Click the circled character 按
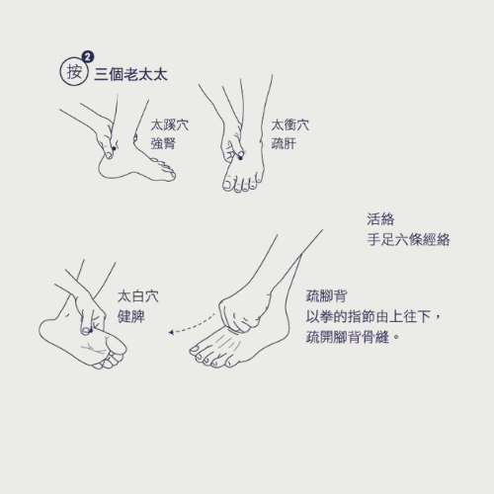pos(74,72)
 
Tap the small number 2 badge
pos(88,57)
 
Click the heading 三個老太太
pos(130,74)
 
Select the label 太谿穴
pos(170,125)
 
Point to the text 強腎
pos(163,143)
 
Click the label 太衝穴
pos(290,125)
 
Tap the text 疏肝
pos(284,143)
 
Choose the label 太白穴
pos(138,296)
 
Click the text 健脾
pos(131,317)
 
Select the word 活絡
pos(380,219)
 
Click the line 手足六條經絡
pos(408,239)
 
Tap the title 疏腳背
pos(326,296)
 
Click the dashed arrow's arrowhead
pos(171,332)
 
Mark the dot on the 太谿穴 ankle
pos(114,148)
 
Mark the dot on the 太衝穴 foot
pos(240,158)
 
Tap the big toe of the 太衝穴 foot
pos(228,184)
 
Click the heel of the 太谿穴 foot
pos(105,168)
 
